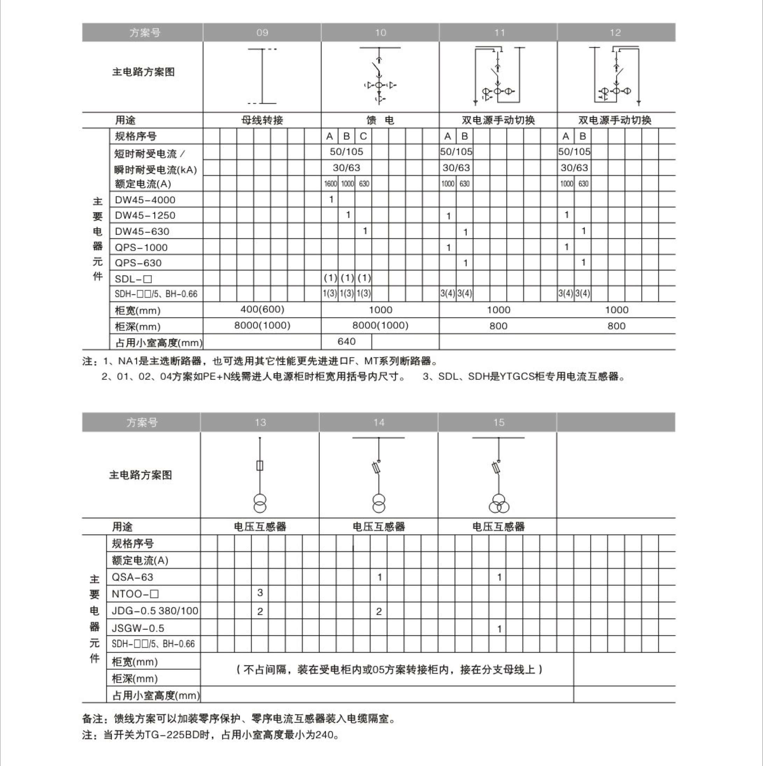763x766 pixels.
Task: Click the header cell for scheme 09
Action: click(262, 33)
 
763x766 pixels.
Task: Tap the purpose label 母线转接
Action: click(262, 120)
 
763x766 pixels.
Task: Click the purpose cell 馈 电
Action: click(380, 120)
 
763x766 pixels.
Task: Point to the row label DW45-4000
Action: click(145, 200)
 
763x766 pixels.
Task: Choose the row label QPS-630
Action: click(138, 263)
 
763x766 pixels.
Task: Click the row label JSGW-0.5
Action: click(138, 628)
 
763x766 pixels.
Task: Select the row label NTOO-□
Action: click(135, 594)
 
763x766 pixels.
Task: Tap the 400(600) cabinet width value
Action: click(262, 309)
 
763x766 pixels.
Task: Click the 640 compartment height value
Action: click(346, 341)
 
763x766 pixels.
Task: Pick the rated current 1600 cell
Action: click(330, 183)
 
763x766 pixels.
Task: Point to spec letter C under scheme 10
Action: click(363, 137)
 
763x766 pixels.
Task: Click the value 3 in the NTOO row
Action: click(260, 593)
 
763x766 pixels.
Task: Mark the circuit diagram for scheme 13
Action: click(260, 475)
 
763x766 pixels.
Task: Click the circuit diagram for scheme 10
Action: click(380, 76)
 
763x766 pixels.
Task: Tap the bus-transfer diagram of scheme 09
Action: click(262, 76)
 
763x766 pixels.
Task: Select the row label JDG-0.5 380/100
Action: click(155, 611)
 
